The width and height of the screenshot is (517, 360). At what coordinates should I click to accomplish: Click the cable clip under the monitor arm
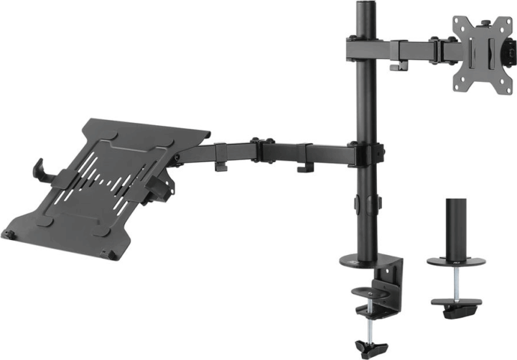coord(396,66)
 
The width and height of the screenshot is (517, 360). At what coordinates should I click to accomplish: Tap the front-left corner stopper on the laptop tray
coord(9,234)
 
